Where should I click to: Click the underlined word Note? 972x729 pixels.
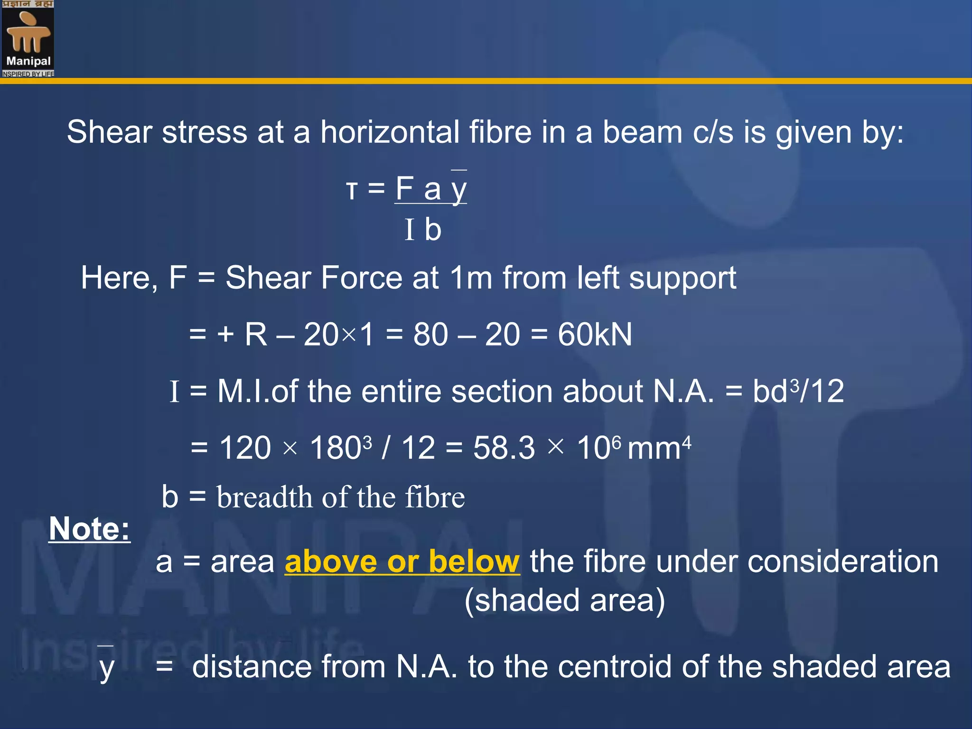pyautogui.click(x=89, y=529)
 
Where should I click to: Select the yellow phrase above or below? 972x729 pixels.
pyautogui.click(x=402, y=562)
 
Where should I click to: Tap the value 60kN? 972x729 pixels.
pyautogui.click(x=595, y=335)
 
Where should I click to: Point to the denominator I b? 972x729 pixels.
pyautogui.click(x=423, y=230)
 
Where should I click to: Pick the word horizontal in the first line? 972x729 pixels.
pyautogui.click(x=390, y=132)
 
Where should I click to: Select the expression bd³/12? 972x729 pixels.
pyautogui.click(x=798, y=392)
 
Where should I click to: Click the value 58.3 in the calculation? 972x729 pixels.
pyautogui.click(x=504, y=448)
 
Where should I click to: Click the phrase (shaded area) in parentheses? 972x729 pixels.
pyautogui.click(x=565, y=600)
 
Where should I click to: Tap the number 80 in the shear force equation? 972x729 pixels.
pyautogui.click(x=430, y=335)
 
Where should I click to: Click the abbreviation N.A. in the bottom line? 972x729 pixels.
pyautogui.click(x=427, y=667)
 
